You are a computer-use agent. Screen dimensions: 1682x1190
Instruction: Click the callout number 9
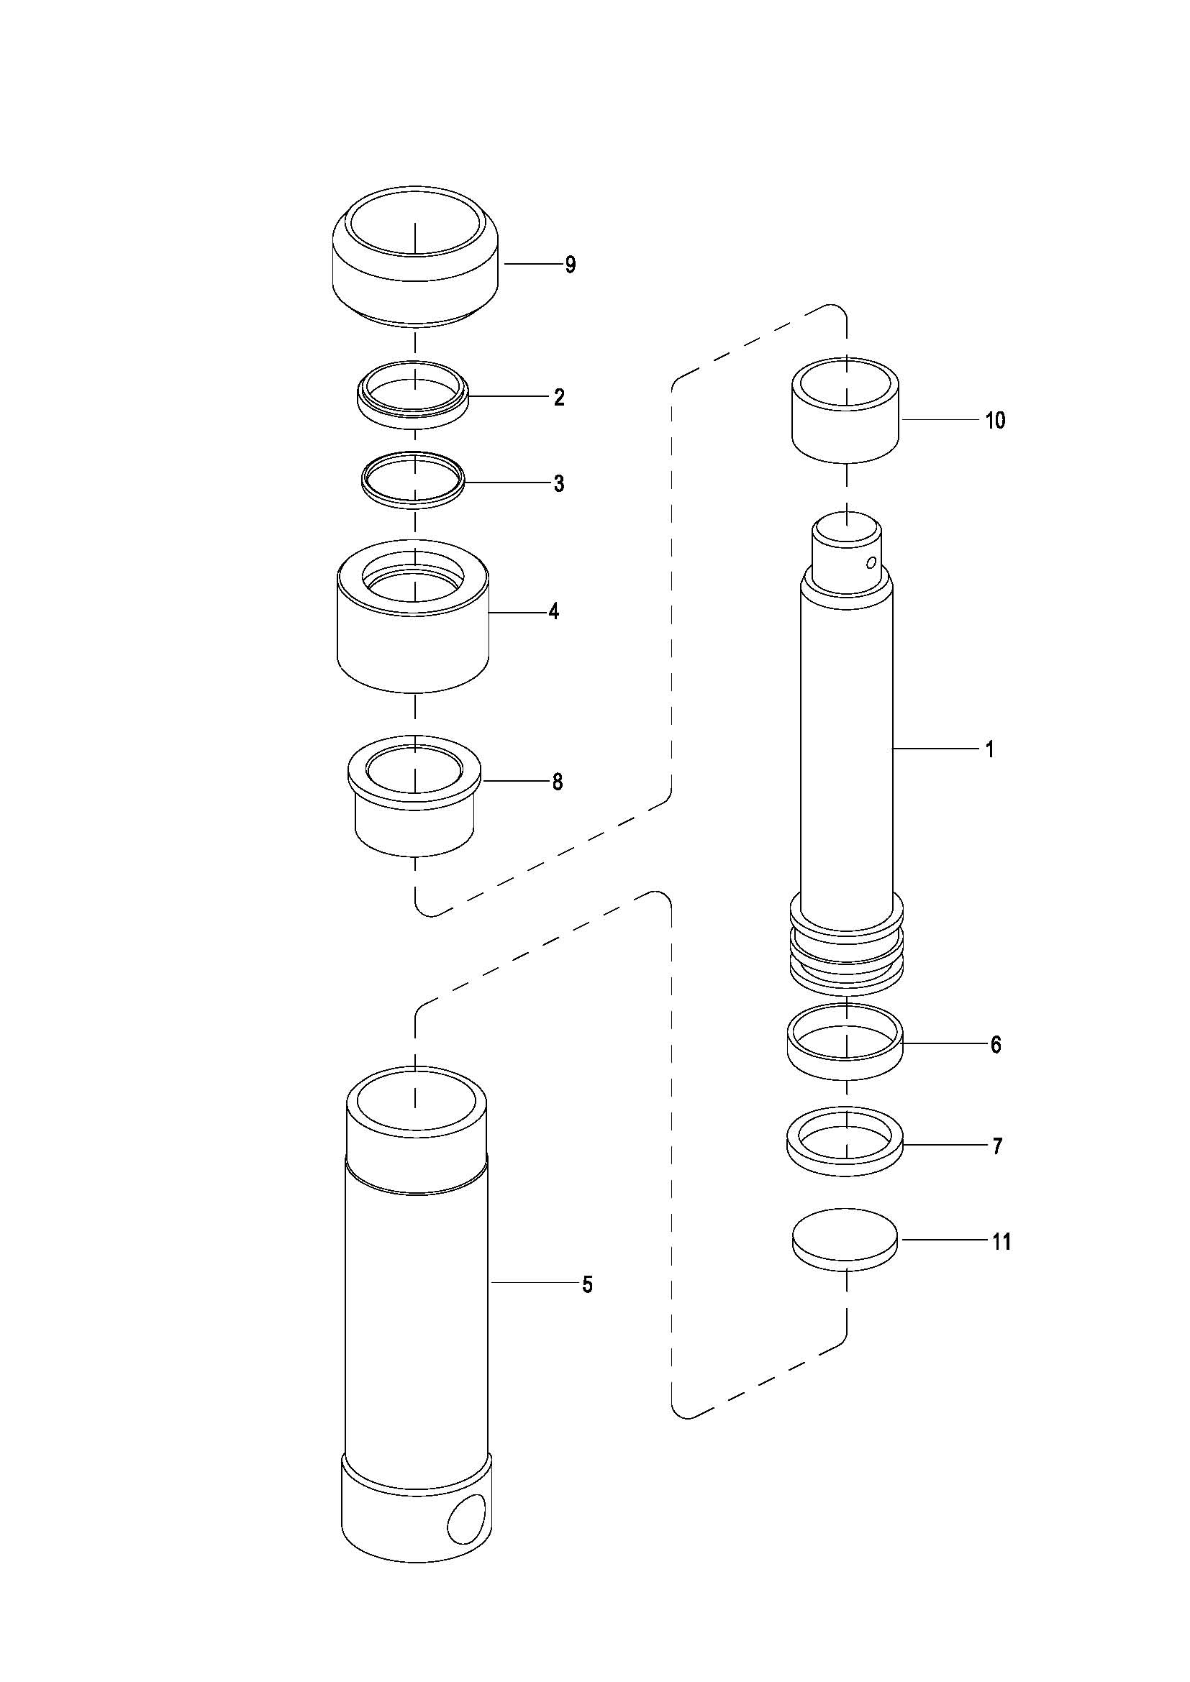[x=570, y=265]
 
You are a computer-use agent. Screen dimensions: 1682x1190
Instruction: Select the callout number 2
[x=559, y=398]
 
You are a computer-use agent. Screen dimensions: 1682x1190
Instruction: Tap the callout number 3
[x=559, y=483]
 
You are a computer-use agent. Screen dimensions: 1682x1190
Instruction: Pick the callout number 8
[x=558, y=782]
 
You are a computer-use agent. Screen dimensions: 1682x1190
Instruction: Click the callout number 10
[x=995, y=421]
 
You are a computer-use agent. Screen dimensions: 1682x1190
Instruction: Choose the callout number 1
[x=990, y=749]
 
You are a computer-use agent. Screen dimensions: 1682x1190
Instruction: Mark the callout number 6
[x=996, y=1045]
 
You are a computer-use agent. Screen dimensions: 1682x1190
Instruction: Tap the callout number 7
[x=997, y=1146]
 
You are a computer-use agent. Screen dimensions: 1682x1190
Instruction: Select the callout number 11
[x=1001, y=1242]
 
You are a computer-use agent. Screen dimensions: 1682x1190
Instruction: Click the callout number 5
[x=587, y=1284]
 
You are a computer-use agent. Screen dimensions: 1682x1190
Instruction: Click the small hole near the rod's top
[x=871, y=562]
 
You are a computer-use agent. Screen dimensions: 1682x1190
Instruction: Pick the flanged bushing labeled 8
[x=414, y=813]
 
